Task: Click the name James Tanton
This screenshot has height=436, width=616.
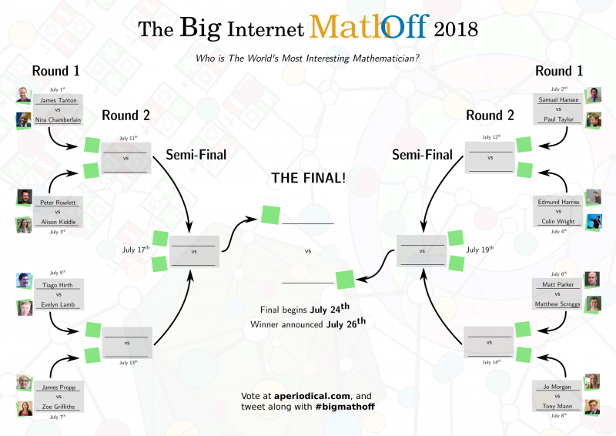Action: pyautogui.click(x=58, y=99)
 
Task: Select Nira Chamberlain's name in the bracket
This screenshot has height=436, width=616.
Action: pyautogui.click(x=58, y=119)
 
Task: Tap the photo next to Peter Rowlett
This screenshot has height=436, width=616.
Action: pyautogui.click(x=23, y=197)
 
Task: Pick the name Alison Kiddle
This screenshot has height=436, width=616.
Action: pyautogui.click(x=58, y=222)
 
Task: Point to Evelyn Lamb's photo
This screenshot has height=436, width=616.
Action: pyautogui.click(x=23, y=307)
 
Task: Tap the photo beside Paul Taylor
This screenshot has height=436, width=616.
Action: pyautogui.click(x=594, y=119)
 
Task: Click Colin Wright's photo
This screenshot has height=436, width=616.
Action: pyautogui.click(x=594, y=221)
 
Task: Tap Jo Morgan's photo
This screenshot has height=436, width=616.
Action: pyautogui.click(x=594, y=381)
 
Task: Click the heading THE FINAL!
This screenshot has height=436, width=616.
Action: pyautogui.click(x=308, y=178)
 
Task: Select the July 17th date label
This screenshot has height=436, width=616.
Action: pyautogui.click(x=135, y=250)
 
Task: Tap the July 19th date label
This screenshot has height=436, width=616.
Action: pyautogui.click(x=480, y=250)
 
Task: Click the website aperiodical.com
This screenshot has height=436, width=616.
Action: pyautogui.click(x=307, y=395)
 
